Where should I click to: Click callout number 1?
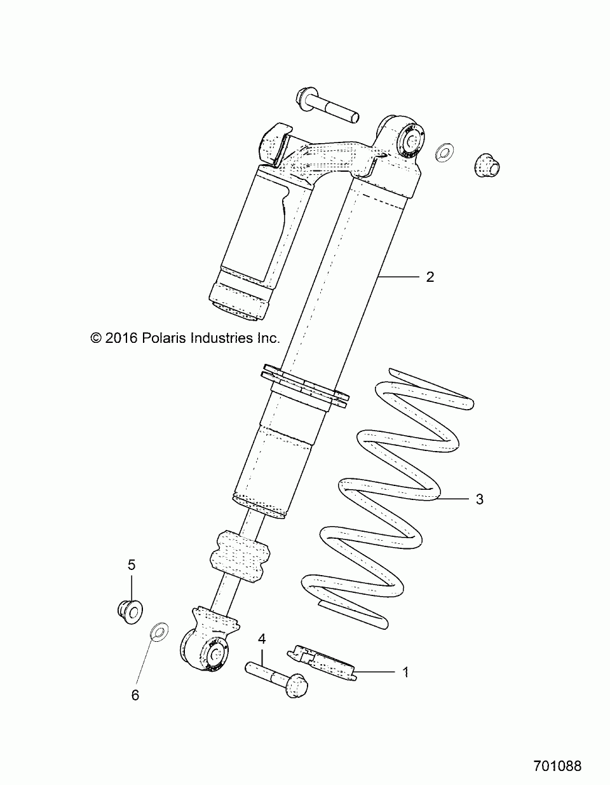click(405, 672)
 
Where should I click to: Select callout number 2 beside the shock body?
click(430, 277)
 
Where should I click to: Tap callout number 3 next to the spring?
click(480, 499)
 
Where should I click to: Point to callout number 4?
click(261, 638)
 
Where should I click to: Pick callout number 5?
click(132, 564)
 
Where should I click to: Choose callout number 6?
click(135, 695)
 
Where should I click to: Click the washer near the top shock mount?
click(444, 152)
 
